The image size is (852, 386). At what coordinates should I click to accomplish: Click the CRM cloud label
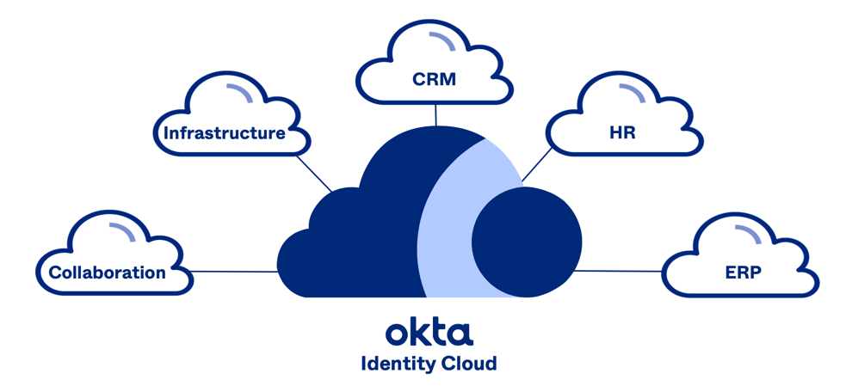tap(434, 80)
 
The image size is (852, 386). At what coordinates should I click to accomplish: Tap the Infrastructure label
tap(225, 133)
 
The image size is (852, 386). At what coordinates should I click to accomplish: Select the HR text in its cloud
tap(621, 133)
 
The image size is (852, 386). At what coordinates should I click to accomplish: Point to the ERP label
tap(743, 273)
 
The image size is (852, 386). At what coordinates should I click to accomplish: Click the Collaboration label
tap(108, 273)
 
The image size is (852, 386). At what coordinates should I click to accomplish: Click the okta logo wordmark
tap(429, 332)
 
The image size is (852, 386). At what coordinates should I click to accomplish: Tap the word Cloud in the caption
tap(468, 363)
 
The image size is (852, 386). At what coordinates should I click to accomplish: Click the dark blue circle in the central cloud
tap(527, 242)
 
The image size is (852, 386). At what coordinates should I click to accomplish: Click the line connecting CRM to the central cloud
tap(435, 114)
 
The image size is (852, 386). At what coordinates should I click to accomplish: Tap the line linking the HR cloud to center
tap(537, 164)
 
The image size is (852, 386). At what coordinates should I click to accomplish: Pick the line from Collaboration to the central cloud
tap(234, 272)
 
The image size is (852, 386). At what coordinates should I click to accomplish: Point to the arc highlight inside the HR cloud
tap(633, 92)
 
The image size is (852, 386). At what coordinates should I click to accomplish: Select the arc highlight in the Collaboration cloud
tap(121, 231)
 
